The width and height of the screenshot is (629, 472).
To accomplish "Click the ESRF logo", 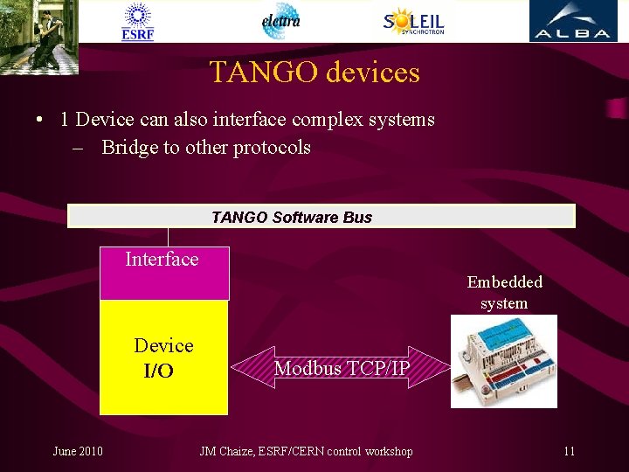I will [138, 21].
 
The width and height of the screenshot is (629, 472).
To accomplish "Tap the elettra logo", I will [281, 21].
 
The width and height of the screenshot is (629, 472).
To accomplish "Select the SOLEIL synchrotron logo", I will [413, 21].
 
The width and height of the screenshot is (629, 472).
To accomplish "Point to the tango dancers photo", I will [38, 36].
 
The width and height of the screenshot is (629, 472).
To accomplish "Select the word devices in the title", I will [373, 72].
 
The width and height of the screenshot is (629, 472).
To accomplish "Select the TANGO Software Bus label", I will [292, 217].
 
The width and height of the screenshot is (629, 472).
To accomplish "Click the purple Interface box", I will [164, 273].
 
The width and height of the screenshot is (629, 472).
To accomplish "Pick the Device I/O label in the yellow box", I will [162, 358].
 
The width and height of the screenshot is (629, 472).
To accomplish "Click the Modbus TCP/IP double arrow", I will [342, 368].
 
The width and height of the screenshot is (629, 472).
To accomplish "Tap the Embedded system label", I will [504, 293].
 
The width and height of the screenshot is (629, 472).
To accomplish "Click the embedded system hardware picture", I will [504, 362].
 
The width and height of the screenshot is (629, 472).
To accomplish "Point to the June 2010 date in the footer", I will [78, 451].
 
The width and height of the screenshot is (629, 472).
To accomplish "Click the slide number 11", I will [569, 451].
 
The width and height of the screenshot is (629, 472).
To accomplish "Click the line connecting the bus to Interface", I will [169, 237].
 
